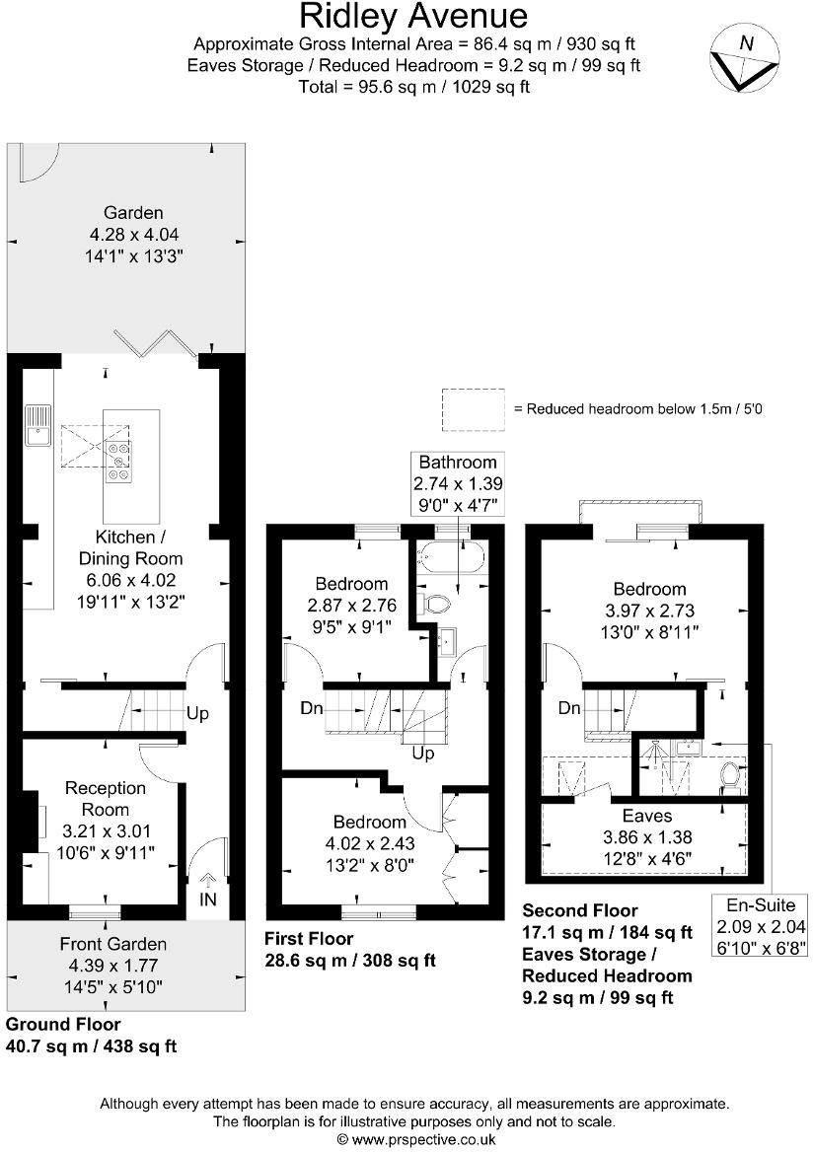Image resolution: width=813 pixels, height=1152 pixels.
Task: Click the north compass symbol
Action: pyautogui.click(x=745, y=58)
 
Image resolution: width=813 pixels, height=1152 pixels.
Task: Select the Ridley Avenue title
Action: pyautogui.click(x=413, y=17)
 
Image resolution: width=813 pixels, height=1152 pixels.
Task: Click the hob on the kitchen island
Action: pyautogui.click(x=120, y=461)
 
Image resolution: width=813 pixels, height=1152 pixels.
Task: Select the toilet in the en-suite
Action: pyautogui.click(x=730, y=776)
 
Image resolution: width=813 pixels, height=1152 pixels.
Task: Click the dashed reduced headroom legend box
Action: pyautogui.click(x=472, y=408)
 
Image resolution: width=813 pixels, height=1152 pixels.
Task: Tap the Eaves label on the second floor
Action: pyautogui.click(x=647, y=817)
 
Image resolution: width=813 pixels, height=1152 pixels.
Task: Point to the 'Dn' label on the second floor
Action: pyautogui.click(x=569, y=708)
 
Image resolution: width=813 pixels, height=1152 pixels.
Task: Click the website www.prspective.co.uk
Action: pyautogui.click(x=415, y=1139)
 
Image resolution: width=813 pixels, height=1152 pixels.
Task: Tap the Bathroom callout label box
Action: pyautogui.click(x=457, y=484)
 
